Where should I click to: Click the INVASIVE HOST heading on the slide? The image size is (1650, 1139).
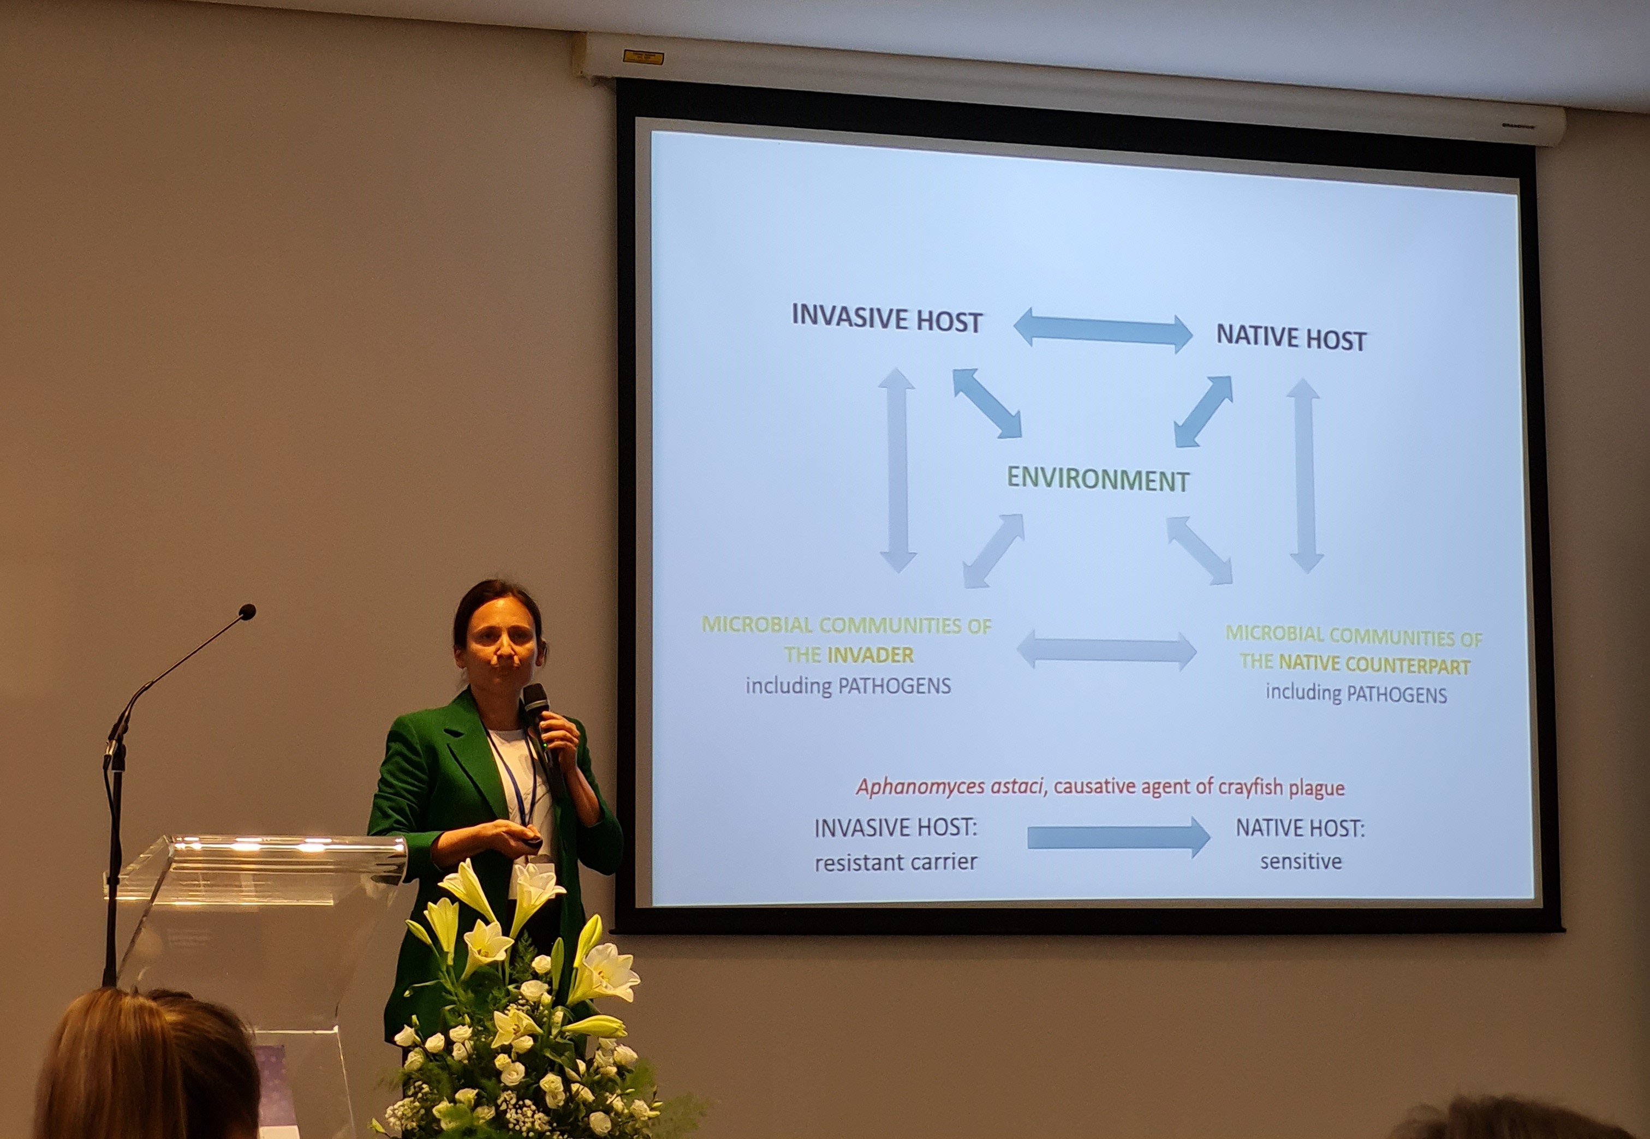(887, 318)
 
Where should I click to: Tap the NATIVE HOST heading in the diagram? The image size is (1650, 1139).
(1291, 338)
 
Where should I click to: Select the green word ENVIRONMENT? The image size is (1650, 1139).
(1098, 479)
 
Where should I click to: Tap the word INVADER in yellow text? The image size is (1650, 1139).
(871, 655)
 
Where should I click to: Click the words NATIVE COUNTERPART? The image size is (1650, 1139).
(1374, 664)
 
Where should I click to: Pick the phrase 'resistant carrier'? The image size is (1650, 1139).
(895, 862)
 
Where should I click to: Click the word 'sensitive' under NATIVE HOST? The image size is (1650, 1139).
(1301, 861)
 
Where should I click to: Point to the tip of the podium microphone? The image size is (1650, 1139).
(247, 612)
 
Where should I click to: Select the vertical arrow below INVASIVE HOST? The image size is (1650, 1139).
(897, 470)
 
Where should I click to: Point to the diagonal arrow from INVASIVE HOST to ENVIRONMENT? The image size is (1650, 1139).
(987, 403)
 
